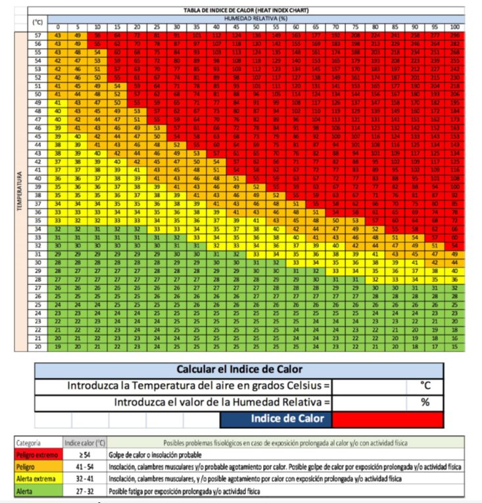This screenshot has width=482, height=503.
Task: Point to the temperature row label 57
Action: click(38, 34)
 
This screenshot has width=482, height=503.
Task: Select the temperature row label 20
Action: click(38, 345)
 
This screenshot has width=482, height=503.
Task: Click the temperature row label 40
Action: click(38, 177)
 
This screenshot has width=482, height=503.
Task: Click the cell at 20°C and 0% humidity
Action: click(57, 345)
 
